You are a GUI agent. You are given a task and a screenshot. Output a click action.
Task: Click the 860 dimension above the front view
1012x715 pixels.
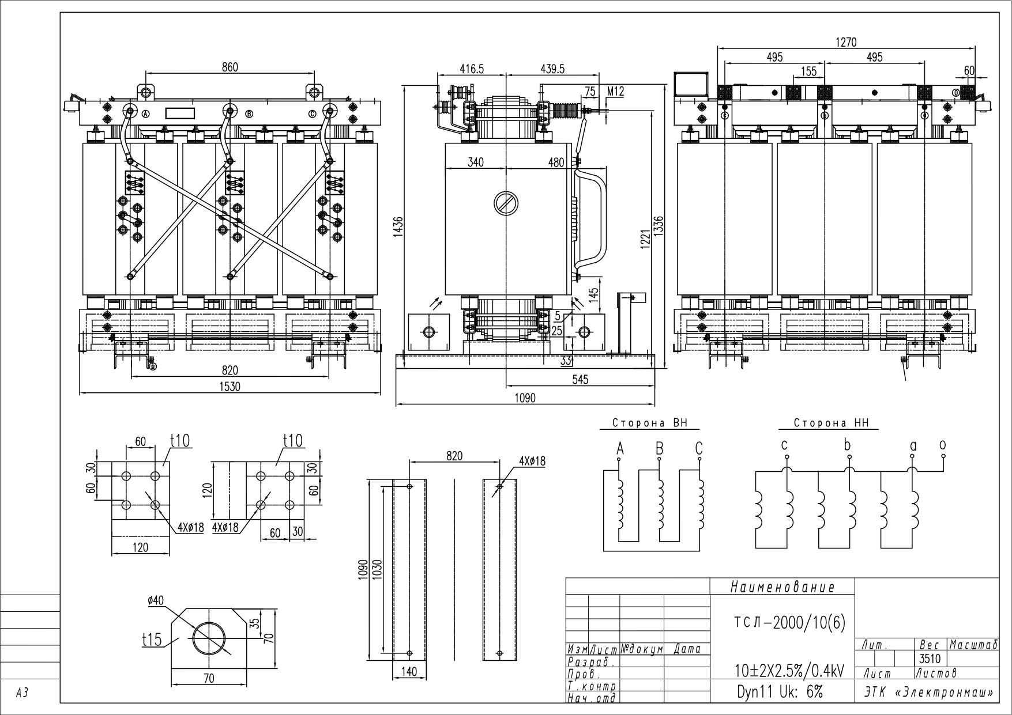(x=230, y=67)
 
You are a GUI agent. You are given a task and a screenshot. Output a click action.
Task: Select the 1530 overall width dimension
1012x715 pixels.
(x=230, y=387)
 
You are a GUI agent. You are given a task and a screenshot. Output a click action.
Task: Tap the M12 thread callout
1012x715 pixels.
(x=615, y=92)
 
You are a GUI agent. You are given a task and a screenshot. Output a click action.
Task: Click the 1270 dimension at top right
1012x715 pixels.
(x=846, y=42)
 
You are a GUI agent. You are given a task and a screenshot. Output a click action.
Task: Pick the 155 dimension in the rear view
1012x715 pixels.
(x=809, y=71)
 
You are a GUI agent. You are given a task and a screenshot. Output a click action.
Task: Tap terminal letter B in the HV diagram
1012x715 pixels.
(x=659, y=448)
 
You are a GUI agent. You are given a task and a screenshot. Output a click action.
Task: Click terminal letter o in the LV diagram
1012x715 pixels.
(x=942, y=445)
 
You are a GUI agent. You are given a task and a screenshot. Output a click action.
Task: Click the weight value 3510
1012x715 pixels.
(x=930, y=658)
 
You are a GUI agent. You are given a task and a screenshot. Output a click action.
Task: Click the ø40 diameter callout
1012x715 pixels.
(x=155, y=600)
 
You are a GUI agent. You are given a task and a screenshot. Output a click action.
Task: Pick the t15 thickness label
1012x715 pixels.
(x=152, y=640)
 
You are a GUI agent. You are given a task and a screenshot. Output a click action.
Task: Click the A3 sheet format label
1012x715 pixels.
(x=22, y=694)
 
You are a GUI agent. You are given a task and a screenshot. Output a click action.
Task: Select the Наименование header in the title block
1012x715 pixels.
(x=782, y=587)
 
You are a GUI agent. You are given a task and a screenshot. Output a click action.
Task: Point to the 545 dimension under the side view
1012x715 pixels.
(x=580, y=380)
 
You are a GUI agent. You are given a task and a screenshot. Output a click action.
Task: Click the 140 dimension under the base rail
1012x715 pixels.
(x=409, y=672)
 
